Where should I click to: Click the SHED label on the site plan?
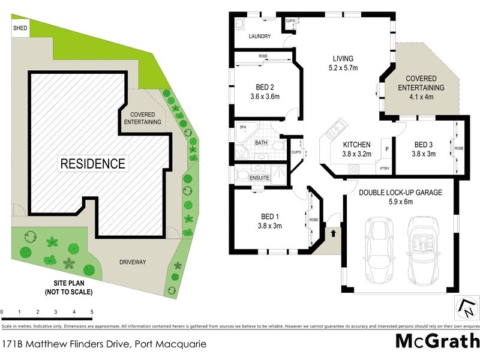20,28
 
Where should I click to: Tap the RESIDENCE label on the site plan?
92,163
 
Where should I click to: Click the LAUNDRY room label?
259,37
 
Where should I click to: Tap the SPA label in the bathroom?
244,128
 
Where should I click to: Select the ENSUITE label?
259,178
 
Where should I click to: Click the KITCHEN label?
357,145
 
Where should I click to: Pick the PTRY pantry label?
385,169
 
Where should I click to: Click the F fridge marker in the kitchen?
387,148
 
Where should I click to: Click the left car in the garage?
379,251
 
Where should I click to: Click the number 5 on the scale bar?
92,312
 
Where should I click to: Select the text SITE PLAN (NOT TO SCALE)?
68,287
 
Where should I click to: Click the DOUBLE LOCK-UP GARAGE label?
400,192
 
